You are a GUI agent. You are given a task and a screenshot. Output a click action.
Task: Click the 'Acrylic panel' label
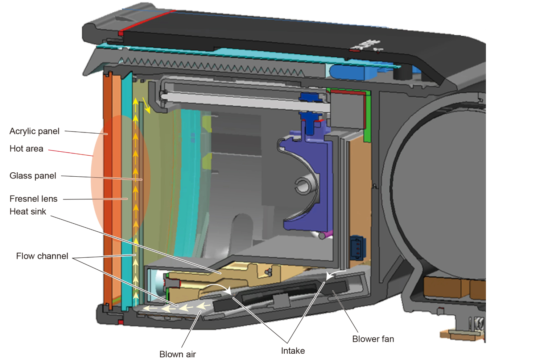(34, 131)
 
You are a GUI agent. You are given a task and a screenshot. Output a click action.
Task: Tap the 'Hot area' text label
(26, 148)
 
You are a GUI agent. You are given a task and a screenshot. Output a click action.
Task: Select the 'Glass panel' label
(33, 176)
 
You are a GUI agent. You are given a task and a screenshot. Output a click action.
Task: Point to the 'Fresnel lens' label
(33, 199)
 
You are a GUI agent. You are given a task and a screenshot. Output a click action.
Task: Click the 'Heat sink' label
(28, 211)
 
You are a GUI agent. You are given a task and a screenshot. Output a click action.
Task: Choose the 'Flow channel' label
(42, 256)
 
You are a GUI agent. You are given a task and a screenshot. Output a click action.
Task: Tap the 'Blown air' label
(178, 354)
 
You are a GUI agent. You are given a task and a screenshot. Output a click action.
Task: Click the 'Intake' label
(293, 350)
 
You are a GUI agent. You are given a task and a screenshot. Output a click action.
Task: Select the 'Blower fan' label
(373, 339)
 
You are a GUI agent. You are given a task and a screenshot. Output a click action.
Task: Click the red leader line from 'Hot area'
(71, 153)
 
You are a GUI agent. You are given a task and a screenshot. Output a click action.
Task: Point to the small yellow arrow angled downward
(146, 105)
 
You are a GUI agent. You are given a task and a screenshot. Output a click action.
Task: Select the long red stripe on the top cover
(147, 22)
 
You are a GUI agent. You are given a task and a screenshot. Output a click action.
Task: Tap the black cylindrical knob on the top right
(401, 72)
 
